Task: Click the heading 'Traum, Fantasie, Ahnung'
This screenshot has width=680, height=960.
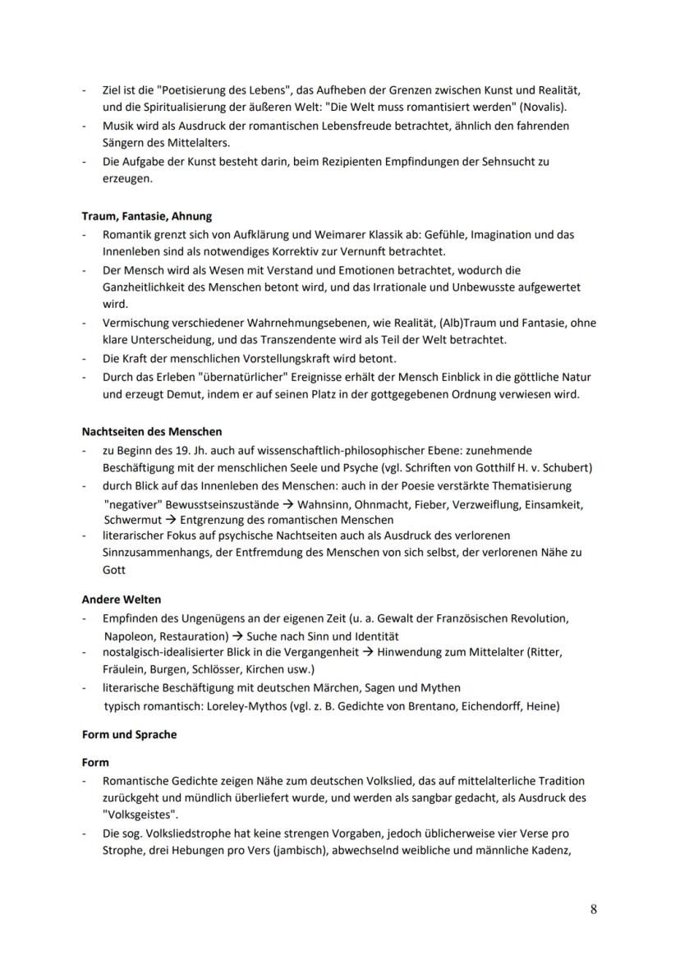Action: (x=147, y=216)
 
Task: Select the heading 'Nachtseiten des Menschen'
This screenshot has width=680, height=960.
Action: (x=152, y=431)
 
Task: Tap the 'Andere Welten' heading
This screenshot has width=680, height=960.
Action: (x=122, y=599)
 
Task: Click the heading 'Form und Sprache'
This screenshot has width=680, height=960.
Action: (x=129, y=734)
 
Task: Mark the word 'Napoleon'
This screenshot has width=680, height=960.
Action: (x=128, y=636)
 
